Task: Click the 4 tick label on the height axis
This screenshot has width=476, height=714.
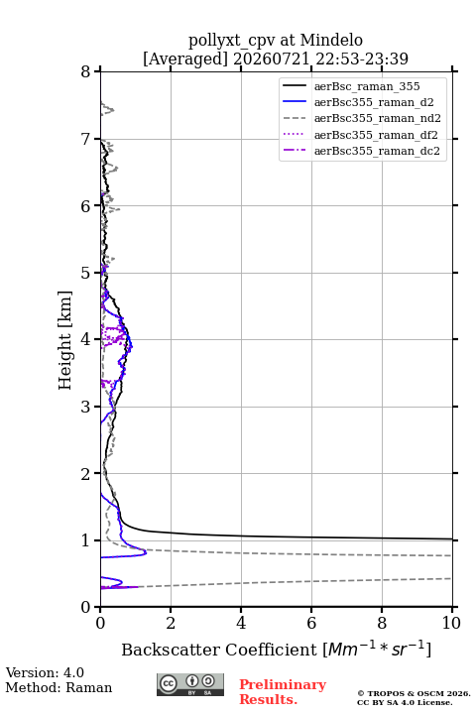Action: click(85, 339)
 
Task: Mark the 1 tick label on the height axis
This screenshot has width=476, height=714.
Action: click(85, 540)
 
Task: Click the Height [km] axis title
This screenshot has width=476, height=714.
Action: click(65, 340)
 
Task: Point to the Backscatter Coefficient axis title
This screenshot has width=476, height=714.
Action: click(276, 649)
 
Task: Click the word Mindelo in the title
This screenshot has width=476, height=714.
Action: click(331, 40)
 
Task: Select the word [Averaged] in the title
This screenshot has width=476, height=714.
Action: click(185, 59)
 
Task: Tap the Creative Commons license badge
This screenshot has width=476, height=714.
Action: click(190, 684)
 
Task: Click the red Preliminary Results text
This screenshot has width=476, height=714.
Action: click(283, 691)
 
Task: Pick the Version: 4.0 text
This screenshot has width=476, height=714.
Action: click(45, 672)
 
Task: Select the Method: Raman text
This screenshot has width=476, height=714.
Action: click(59, 687)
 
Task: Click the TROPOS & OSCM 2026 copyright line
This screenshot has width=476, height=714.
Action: click(414, 693)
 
